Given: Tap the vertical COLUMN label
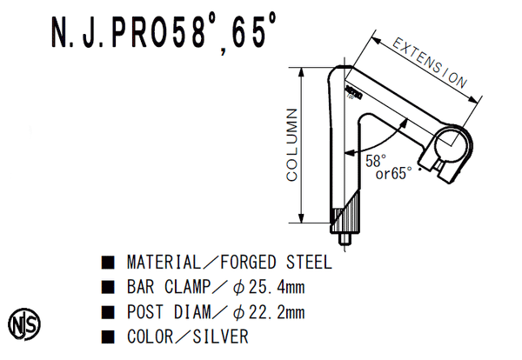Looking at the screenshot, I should click(292, 145).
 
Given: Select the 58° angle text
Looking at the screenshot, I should click(375, 161).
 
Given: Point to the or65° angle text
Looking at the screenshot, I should click(392, 173).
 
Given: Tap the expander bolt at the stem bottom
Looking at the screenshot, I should click(346, 239).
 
